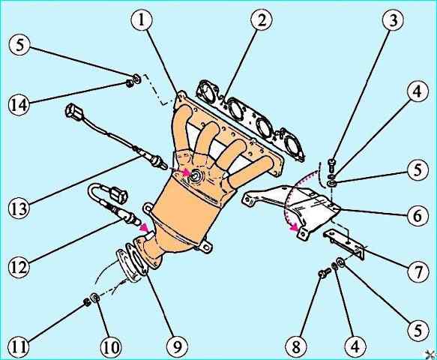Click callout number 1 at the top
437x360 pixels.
pos(142,21)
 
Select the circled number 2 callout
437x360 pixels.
pos(262,21)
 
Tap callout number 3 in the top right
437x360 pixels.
pos(394,21)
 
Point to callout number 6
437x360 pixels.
pos(418,215)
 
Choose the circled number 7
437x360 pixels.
pos(418,271)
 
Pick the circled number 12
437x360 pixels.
pos(19,267)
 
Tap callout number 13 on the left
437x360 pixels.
pos(19,208)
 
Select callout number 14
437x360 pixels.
pos(19,105)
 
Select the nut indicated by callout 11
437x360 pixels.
pos(87,301)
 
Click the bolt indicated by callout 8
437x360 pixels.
pos(324,273)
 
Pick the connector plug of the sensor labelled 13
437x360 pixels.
pos(72,110)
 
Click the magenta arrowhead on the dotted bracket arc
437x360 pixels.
pos(293,228)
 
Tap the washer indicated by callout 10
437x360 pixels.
pos(95,298)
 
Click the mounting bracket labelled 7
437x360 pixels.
pos(344,243)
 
